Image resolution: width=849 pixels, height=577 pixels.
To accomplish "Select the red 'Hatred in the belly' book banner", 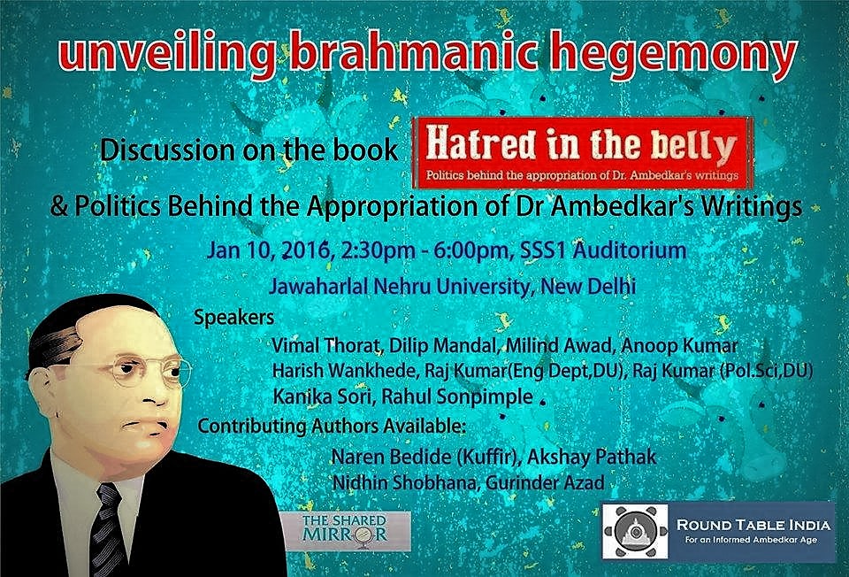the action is [x=582, y=153].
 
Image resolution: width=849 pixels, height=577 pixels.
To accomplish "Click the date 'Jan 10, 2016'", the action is [x=269, y=250].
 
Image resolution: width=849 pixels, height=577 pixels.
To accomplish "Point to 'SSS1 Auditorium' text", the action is [x=602, y=250].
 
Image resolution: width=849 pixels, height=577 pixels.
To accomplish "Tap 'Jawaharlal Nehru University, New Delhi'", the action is [x=453, y=286].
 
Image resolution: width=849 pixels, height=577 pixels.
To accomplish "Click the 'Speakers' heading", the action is [x=233, y=317].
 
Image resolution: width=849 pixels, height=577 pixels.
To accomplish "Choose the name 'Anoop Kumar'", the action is [x=679, y=345].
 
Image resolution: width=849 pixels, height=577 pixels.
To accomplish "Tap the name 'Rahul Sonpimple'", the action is [x=457, y=396].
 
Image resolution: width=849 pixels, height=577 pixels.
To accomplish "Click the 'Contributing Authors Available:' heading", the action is [x=332, y=426].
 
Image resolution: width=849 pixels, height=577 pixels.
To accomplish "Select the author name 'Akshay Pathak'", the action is [x=592, y=457].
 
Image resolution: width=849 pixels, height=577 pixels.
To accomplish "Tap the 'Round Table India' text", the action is [x=753, y=525].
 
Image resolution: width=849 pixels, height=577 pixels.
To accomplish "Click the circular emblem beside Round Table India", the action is [x=635, y=532].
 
